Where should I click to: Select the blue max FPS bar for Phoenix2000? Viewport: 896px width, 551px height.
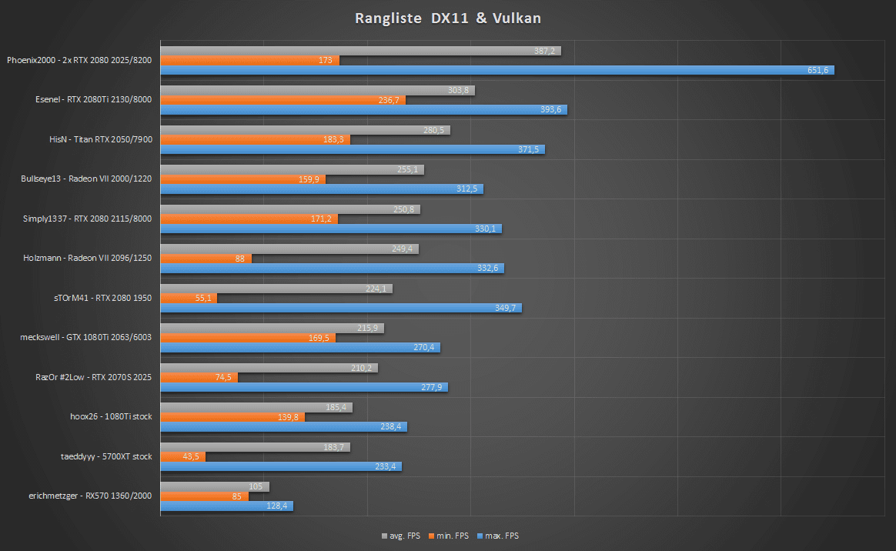click(x=496, y=70)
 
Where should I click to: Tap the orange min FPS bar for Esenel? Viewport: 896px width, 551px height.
click(x=283, y=99)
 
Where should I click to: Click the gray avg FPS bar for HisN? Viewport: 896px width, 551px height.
click(x=305, y=130)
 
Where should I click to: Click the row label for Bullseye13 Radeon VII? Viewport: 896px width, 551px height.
click(x=86, y=179)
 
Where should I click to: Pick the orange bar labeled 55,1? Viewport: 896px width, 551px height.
click(x=189, y=298)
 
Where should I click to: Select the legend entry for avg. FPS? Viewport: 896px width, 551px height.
click(x=400, y=536)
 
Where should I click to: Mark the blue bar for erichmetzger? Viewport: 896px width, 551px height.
click(x=226, y=506)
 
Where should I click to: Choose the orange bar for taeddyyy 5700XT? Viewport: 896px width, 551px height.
click(x=183, y=456)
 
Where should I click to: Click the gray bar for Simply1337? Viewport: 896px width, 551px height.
click(x=290, y=209)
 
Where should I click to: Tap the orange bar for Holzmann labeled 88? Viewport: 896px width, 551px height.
click(x=206, y=259)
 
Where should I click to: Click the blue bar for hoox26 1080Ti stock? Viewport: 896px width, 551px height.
click(x=283, y=426)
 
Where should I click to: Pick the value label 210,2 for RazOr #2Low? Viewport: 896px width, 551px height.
click(x=362, y=368)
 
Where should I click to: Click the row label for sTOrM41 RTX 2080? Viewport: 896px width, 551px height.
click(x=105, y=297)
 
